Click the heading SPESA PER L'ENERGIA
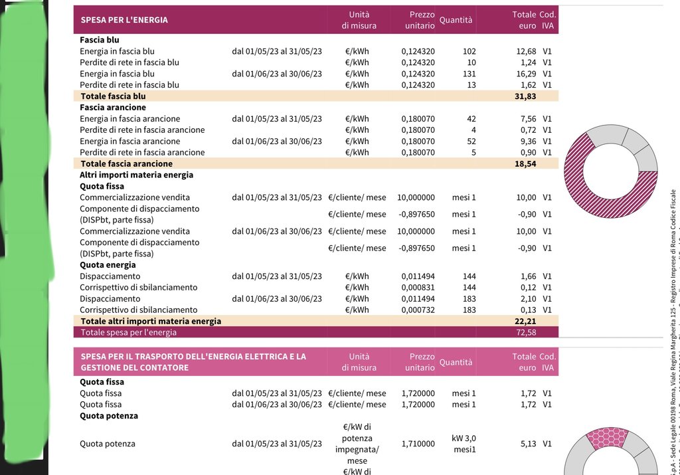(x=124, y=20)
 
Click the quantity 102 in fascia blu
(x=469, y=51)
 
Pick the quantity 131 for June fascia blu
(x=469, y=74)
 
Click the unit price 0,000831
(x=418, y=287)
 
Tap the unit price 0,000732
(x=418, y=310)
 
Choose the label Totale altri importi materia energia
(x=151, y=321)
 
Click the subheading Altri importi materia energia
(x=136, y=175)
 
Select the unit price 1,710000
(x=418, y=444)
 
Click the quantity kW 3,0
(x=464, y=438)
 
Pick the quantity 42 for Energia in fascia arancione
(x=471, y=119)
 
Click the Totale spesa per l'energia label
(x=129, y=332)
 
